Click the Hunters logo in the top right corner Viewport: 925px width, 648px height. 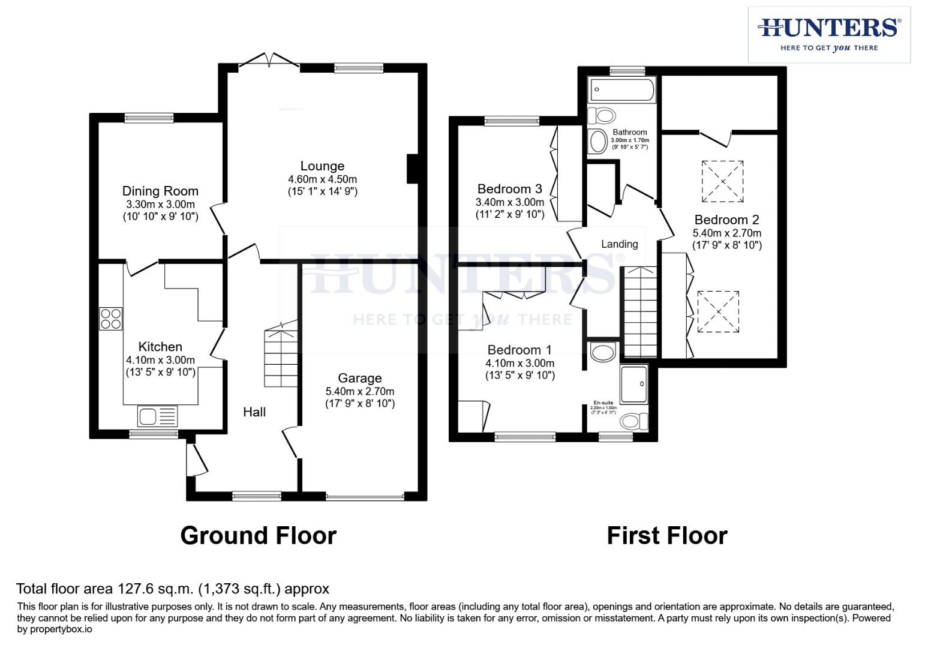(829, 34)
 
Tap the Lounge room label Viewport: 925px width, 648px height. (322, 166)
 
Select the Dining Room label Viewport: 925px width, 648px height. (160, 191)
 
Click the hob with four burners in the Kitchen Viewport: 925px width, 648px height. (111, 319)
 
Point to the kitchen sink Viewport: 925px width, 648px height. (157, 416)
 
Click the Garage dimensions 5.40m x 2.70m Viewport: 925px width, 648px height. (360, 391)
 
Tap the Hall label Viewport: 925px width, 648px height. (254, 412)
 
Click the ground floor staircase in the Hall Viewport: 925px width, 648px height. (281, 356)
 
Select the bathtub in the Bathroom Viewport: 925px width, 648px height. (621, 90)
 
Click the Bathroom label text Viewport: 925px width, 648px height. (630, 132)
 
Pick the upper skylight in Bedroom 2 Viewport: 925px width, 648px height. (723, 181)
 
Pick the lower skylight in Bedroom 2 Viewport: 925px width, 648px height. (717, 311)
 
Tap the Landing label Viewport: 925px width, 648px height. (620, 244)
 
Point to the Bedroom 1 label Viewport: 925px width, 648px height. (519, 350)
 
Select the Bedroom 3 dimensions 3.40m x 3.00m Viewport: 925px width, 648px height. (510, 203)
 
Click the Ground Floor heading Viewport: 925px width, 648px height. (259, 536)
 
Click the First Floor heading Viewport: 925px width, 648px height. (667, 536)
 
